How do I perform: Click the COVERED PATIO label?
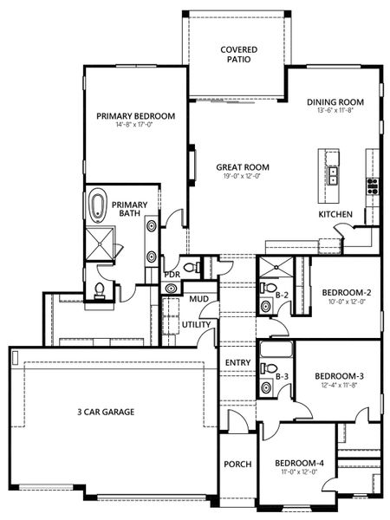[x=237, y=55]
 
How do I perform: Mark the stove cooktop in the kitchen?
[x=374, y=185]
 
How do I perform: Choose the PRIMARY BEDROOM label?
[x=136, y=115]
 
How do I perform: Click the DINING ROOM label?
[x=335, y=102]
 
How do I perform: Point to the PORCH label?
[x=237, y=465]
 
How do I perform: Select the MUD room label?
[x=197, y=299]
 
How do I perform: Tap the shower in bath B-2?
[x=276, y=265]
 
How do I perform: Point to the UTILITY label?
[x=196, y=324]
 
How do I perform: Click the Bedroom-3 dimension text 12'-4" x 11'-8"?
[x=338, y=386]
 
